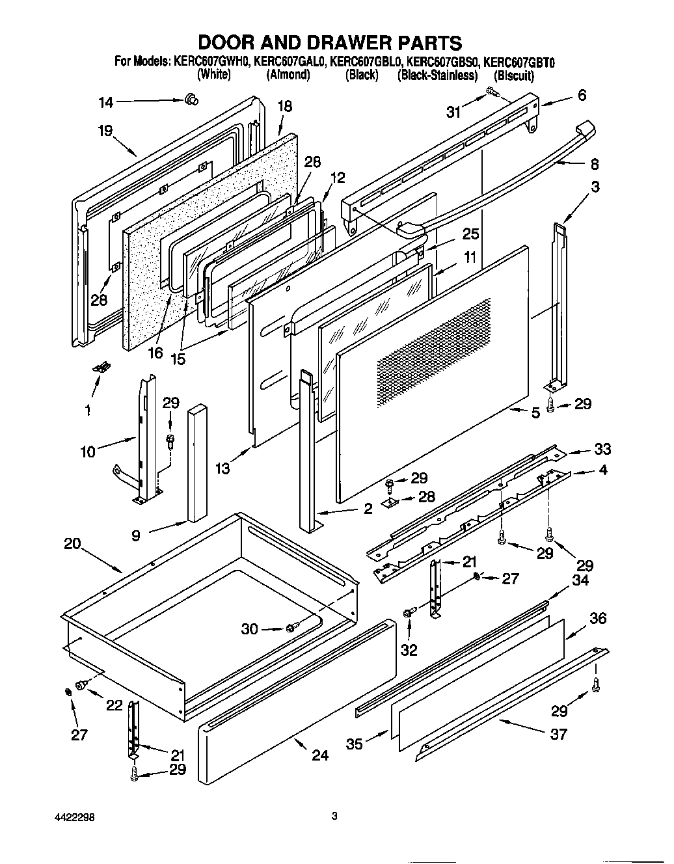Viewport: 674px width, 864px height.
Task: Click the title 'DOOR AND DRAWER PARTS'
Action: pos(330,43)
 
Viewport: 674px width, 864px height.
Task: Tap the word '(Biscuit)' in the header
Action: pos(513,76)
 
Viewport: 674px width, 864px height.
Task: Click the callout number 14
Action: pos(106,102)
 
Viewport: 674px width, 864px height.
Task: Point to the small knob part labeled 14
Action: pos(191,99)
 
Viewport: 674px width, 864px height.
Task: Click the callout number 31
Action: pos(453,112)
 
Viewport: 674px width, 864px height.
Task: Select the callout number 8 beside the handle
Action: pos(594,164)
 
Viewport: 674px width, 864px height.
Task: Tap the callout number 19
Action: pos(105,130)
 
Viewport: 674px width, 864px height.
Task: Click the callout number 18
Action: pos(285,106)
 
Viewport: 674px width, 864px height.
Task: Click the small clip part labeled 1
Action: pos(100,368)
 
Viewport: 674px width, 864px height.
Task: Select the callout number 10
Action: pos(88,450)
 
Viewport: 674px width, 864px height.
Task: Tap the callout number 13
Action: pos(222,468)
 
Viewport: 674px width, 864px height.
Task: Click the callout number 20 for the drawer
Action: pos(72,543)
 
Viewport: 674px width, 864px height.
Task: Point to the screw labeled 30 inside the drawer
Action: pos(293,628)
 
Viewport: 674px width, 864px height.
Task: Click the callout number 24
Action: pos(320,755)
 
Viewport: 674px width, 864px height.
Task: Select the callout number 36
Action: pos(597,617)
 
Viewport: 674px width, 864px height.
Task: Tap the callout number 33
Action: pos(602,449)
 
